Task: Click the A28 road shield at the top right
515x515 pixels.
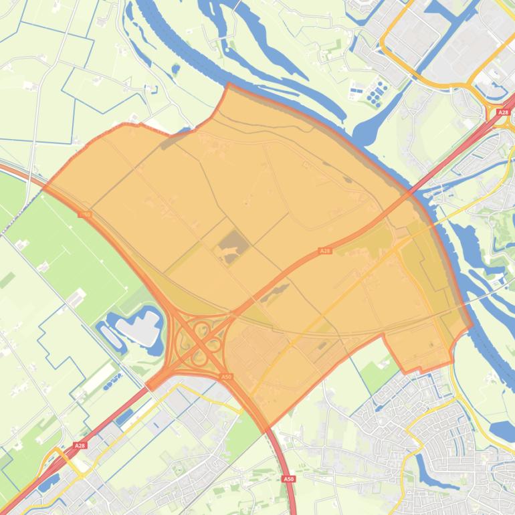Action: coord(504,113)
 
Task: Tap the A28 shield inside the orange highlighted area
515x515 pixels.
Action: coord(325,251)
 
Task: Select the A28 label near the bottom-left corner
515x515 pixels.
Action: coord(80,445)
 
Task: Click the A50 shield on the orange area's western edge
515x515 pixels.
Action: coord(84,215)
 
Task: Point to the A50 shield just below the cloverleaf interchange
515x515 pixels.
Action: coord(226,377)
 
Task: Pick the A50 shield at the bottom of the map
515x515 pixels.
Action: coord(288,479)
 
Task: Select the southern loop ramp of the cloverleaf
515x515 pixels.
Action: coord(199,358)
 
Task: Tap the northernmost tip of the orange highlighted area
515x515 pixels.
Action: coord(228,84)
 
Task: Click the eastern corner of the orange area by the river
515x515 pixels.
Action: coord(472,326)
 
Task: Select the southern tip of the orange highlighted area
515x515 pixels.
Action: coord(266,428)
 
